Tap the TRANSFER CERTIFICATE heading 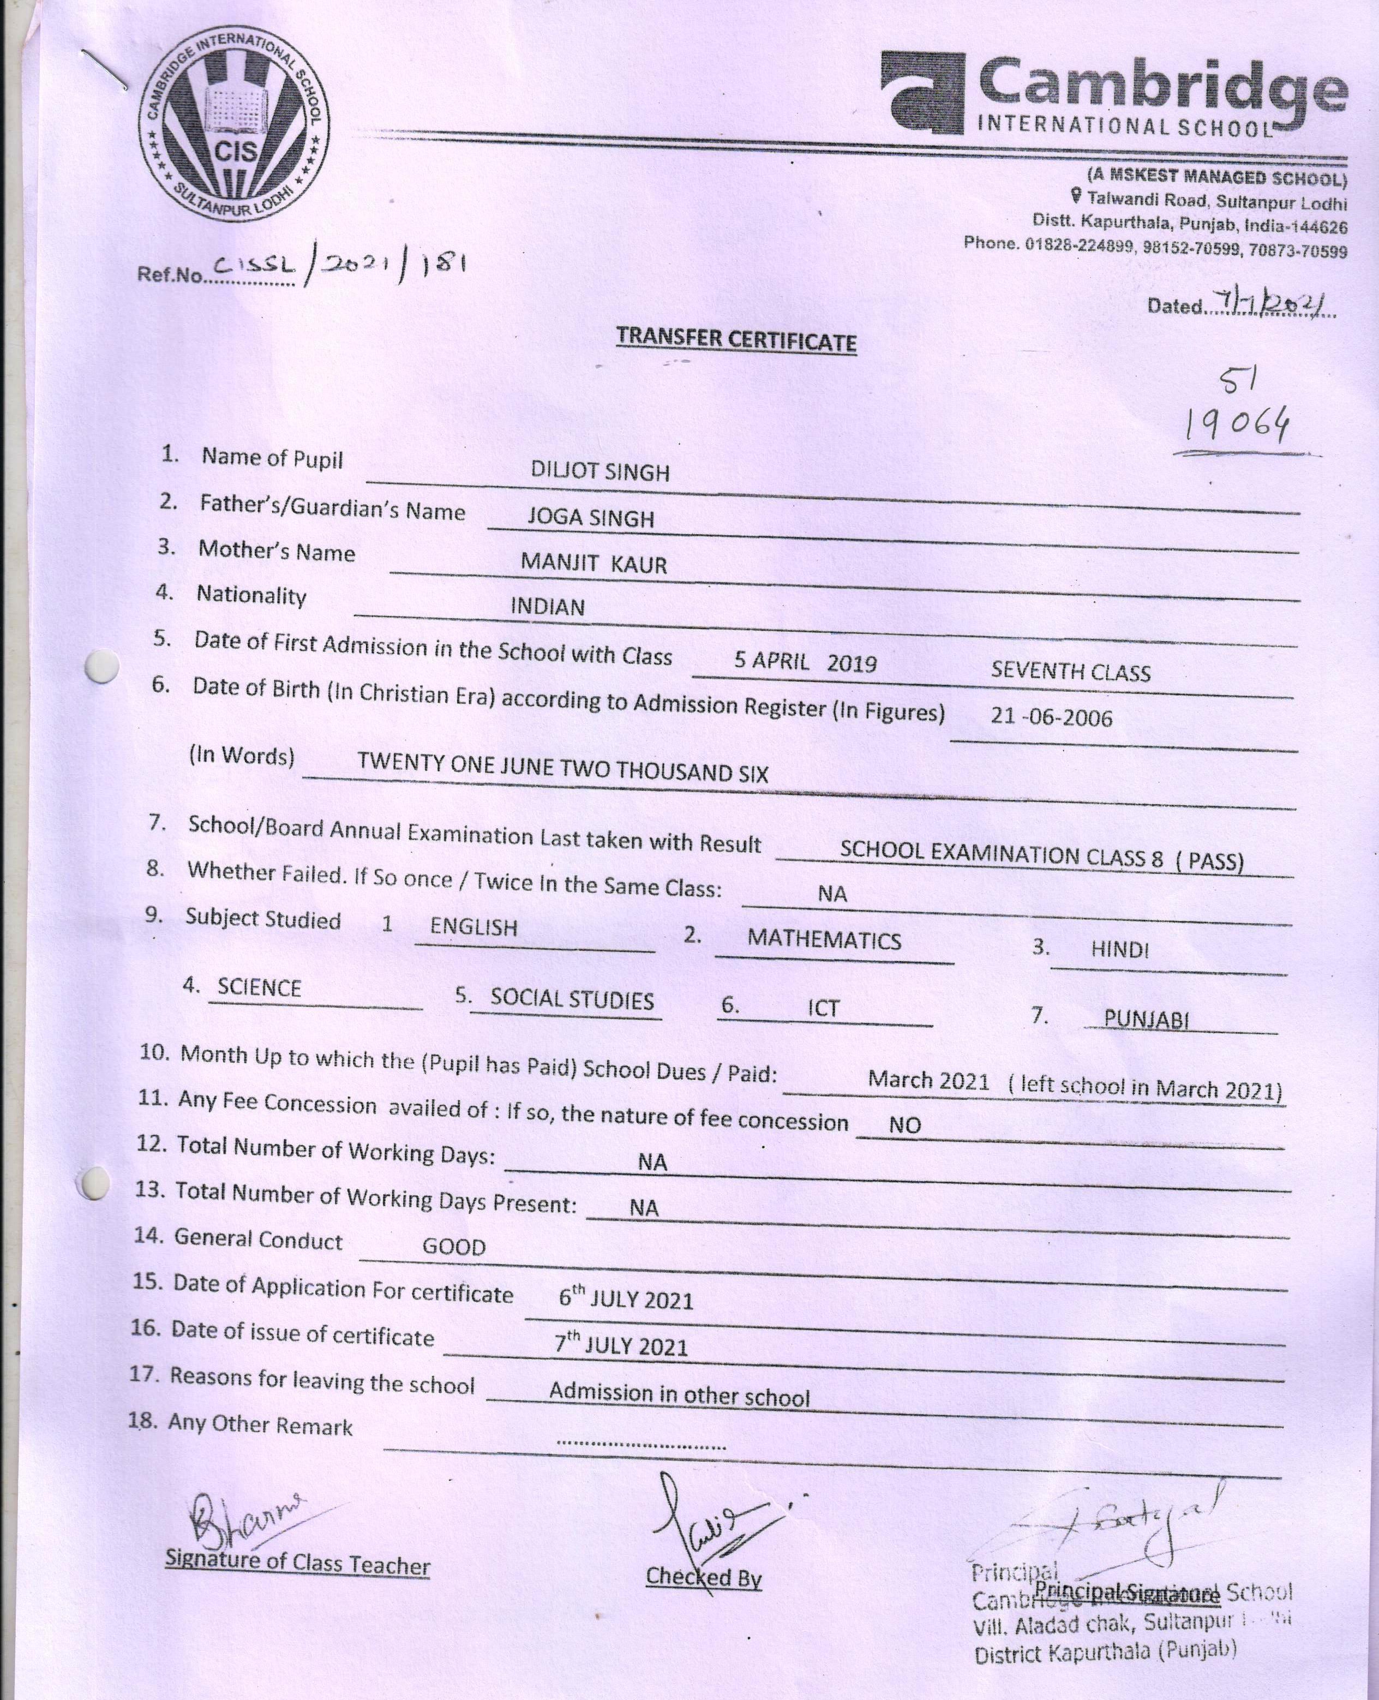click(736, 339)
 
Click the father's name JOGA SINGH click(591, 518)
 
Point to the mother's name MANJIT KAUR click(593, 563)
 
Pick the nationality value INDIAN click(547, 607)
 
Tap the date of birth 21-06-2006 click(1051, 717)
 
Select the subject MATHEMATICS click(824, 940)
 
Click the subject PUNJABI click(1146, 1019)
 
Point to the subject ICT click(823, 1008)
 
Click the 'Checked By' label click(703, 1576)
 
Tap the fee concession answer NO click(905, 1125)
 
